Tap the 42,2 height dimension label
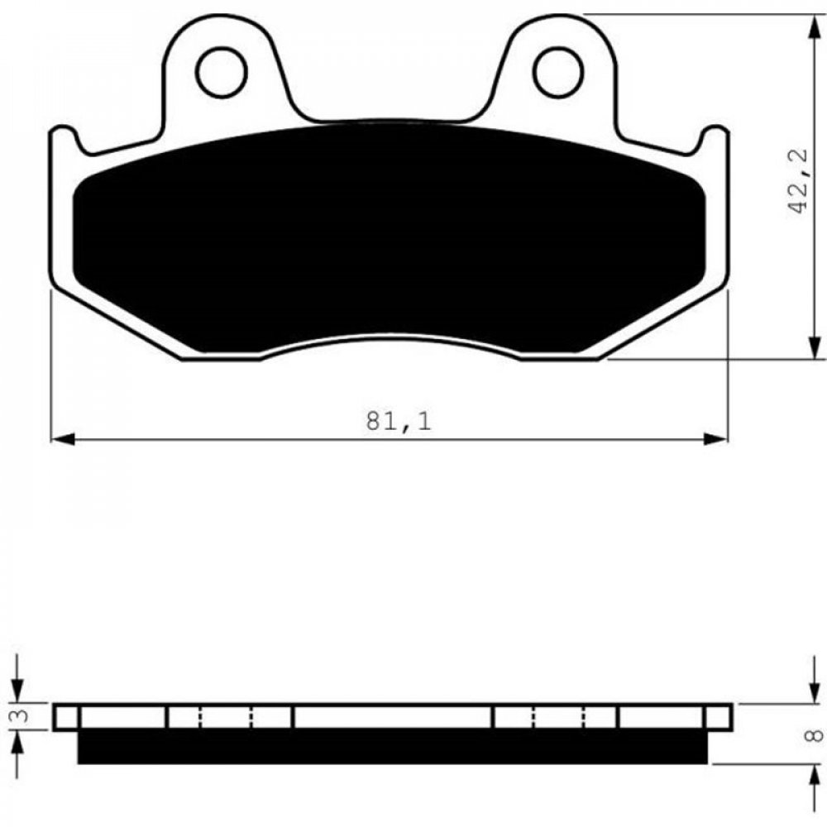(x=798, y=180)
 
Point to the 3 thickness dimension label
(x=22, y=715)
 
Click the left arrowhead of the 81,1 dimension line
(x=63, y=439)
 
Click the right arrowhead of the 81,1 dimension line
(x=715, y=439)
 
